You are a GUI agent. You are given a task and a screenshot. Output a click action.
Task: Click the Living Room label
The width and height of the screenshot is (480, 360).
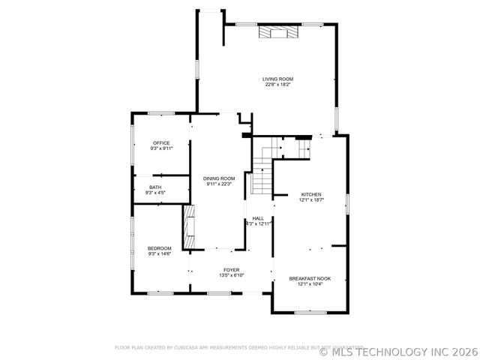(x=277, y=79)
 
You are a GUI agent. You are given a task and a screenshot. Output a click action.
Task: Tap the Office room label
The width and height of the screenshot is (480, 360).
(x=161, y=142)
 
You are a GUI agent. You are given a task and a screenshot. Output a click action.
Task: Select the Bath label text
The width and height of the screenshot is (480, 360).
(x=155, y=187)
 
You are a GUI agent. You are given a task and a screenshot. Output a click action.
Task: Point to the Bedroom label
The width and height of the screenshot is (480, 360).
(x=159, y=248)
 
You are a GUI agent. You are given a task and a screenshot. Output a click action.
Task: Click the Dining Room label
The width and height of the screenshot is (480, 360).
(x=219, y=178)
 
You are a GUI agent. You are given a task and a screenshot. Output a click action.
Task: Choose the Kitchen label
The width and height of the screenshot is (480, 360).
(x=310, y=194)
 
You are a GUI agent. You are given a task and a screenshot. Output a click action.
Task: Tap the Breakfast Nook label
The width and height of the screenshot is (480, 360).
(x=310, y=278)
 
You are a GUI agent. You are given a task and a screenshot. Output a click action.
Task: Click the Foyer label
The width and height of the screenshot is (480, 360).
(x=231, y=269)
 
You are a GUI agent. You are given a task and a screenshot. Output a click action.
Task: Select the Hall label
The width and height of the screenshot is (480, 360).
(x=258, y=218)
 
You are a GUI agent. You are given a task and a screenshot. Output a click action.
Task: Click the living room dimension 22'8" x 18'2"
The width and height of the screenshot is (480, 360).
(x=277, y=85)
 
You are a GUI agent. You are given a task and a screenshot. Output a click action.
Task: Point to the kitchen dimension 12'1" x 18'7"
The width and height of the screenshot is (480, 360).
(x=310, y=200)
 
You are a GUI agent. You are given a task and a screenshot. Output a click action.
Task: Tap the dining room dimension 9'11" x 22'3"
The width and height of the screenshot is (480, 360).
(x=219, y=184)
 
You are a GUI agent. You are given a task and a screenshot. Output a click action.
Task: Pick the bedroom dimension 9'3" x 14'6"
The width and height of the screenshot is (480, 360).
(x=159, y=254)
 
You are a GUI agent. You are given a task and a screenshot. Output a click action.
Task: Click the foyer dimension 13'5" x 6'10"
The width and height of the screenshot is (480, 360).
(x=231, y=275)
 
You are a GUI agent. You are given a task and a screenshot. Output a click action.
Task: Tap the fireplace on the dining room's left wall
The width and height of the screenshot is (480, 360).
(x=189, y=226)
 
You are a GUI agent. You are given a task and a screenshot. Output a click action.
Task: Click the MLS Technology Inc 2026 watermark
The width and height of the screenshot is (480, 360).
(x=398, y=349)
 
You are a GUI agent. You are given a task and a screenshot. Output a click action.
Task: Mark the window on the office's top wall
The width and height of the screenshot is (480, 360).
(x=160, y=113)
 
